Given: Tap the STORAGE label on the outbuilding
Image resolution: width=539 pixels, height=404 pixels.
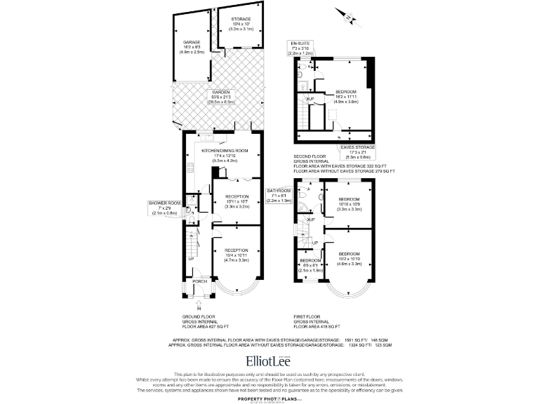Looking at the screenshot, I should pos(241,19).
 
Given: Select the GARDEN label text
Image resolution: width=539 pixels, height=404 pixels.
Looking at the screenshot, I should pos(222,93).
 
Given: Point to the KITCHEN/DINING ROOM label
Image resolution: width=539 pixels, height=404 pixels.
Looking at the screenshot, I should pos(225,151).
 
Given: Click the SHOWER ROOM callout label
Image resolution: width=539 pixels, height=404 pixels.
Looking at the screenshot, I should pos(164,203).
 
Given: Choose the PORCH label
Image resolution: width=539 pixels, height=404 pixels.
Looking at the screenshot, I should pos(200,282).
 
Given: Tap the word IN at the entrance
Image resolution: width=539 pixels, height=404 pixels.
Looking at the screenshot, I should pos(199,308).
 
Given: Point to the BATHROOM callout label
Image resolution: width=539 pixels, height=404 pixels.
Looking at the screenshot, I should pos(279,191).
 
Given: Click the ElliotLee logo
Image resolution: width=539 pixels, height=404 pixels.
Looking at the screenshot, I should pos(269,361).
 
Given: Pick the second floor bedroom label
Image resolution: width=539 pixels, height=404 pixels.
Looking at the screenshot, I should pos(345,92).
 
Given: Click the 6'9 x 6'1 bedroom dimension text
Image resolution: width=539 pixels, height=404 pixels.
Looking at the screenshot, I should pos(310,265).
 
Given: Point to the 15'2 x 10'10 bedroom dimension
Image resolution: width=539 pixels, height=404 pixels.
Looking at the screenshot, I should pos(349,259).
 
